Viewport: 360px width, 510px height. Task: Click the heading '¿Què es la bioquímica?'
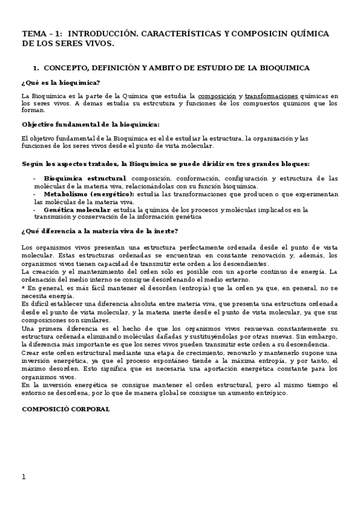coord(60,82)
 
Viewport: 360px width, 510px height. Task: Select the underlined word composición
coord(217,96)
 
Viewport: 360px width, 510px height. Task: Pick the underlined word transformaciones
coord(272,96)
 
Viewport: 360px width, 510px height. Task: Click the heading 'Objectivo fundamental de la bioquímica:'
coord(90,124)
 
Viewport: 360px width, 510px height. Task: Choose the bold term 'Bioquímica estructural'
coord(85,178)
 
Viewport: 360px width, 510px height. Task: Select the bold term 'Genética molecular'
coord(77,210)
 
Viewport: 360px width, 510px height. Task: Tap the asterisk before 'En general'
coord(23,287)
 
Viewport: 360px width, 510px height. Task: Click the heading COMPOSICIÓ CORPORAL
coord(66,409)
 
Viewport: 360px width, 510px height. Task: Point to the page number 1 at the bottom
coord(23,477)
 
